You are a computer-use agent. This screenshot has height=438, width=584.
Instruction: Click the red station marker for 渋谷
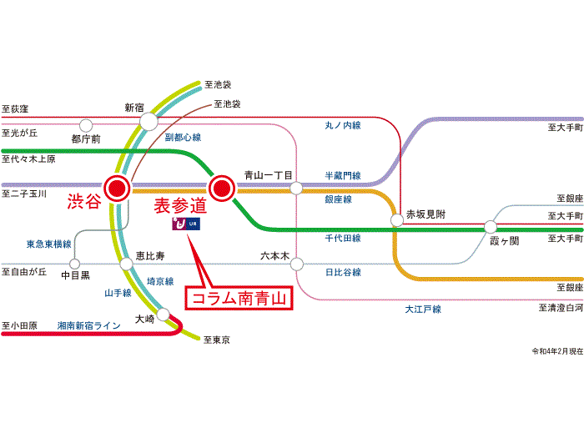(x=117, y=188)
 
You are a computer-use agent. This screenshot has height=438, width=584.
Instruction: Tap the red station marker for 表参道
(x=223, y=188)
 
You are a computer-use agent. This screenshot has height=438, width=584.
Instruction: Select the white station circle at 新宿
(x=149, y=123)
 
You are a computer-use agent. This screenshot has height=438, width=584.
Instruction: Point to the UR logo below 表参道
(x=184, y=224)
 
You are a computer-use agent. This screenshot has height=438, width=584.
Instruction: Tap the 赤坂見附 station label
(x=425, y=214)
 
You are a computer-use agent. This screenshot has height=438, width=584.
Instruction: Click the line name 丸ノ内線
(x=343, y=125)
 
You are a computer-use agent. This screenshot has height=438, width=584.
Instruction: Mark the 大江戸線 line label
(x=423, y=310)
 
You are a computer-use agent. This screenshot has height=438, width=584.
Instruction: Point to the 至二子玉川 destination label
(x=22, y=194)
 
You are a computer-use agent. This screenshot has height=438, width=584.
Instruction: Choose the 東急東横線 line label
(x=48, y=244)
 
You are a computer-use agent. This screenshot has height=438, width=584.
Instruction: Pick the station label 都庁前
(x=85, y=139)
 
